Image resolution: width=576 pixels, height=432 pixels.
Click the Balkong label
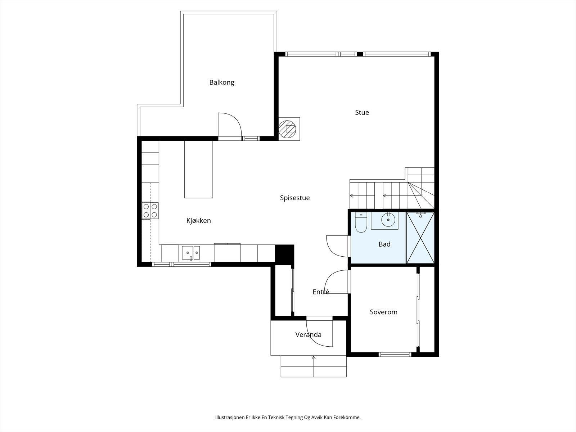pyautogui.click(x=221, y=83)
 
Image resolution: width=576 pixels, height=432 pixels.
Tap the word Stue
pyautogui.click(x=362, y=113)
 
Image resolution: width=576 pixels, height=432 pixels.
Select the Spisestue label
pyautogui.click(x=295, y=198)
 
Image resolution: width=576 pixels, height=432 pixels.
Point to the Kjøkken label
pyautogui.click(x=198, y=221)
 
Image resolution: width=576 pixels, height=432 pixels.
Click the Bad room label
pyautogui.click(x=384, y=244)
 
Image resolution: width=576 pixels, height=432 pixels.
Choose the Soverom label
pyautogui.click(x=383, y=312)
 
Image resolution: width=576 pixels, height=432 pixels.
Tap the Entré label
pyautogui.click(x=321, y=292)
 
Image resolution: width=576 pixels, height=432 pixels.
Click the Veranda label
pyautogui.click(x=308, y=335)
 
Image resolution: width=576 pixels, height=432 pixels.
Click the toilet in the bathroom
pyautogui.click(x=361, y=222)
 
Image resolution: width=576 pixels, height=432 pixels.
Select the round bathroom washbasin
pyautogui.click(x=388, y=220)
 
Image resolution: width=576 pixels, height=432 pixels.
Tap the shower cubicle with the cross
pyautogui.click(x=420, y=238)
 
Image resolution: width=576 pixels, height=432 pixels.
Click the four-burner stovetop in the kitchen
pyautogui.click(x=150, y=211)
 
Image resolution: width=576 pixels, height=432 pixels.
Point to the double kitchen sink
pyautogui.click(x=191, y=253)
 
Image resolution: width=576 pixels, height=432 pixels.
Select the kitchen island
pyautogui.click(x=199, y=170)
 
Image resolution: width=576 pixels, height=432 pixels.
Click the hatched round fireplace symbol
pyautogui.click(x=287, y=129)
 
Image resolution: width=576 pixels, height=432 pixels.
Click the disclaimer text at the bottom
pyautogui.click(x=288, y=417)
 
